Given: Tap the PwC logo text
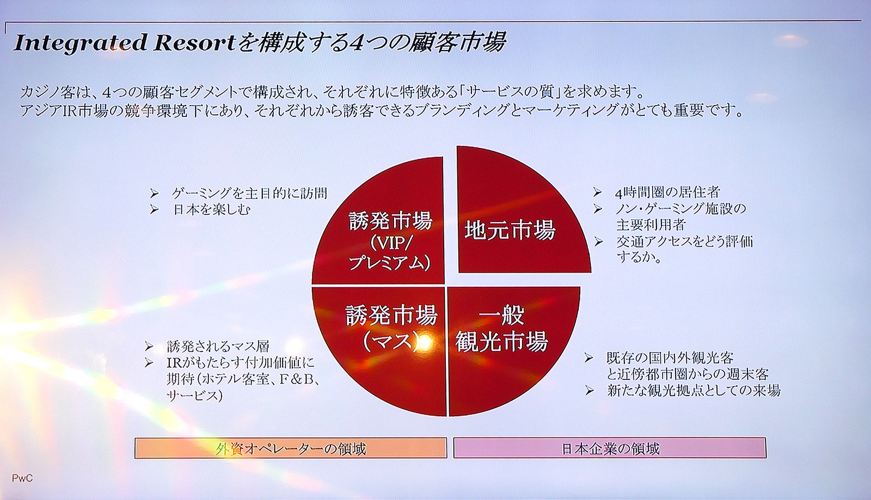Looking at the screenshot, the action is [22, 478].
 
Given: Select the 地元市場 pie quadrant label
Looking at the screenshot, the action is [510, 230].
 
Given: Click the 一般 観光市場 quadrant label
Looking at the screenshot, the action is [501, 328].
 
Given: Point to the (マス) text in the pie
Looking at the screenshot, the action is [390, 341].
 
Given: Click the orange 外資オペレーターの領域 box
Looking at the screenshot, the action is [291, 448].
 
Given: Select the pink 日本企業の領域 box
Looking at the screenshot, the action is [610, 448].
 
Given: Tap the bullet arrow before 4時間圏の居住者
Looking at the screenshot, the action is [597, 192].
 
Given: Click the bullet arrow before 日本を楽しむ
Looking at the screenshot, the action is [154, 210].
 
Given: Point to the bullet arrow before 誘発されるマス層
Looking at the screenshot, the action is [149, 346].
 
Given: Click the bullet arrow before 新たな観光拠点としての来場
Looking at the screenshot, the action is [590, 391].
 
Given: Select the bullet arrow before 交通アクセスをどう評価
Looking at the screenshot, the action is [598, 242].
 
